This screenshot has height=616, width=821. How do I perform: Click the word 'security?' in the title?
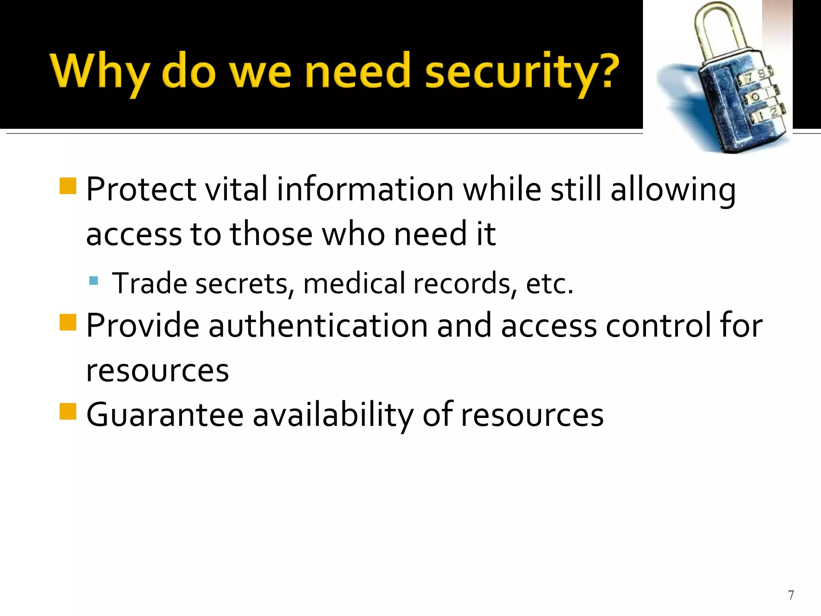point(522,72)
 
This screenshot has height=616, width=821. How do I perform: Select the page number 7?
point(791,595)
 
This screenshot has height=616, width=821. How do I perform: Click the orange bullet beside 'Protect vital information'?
point(68,186)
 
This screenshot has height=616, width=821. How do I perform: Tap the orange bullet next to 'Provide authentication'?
point(68,322)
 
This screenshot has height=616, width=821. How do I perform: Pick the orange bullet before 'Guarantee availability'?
point(68,411)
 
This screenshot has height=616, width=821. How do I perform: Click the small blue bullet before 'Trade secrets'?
point(94,280)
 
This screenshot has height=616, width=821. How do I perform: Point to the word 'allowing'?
point(673,190)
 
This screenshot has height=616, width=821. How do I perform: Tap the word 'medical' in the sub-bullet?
point(354,283)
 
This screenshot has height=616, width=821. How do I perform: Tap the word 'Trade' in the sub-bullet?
point(150,283)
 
